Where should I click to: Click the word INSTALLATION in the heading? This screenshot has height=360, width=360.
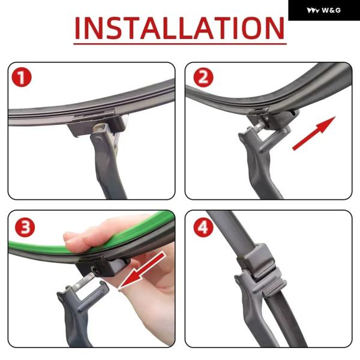click(x=179, y=28)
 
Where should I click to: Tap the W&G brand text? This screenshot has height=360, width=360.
click(x=331, y=10)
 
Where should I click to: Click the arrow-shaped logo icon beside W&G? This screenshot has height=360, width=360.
click(x=313, y=11)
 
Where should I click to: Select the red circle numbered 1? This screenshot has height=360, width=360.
click(x=22, y=77)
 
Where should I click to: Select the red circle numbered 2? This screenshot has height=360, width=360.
click(x=203, y=77)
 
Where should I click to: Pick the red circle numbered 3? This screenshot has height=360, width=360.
click(x=25, y=227)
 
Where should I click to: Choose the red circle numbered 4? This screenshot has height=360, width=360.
click(x=203, y=228)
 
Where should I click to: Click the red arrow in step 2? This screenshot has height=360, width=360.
click(x=314, y=133)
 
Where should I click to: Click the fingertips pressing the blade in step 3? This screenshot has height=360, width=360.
click(x=76, y=239)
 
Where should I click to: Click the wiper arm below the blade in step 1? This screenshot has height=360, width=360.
click(x=106, y=161)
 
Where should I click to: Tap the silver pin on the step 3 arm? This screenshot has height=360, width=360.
click(x=83, y=281)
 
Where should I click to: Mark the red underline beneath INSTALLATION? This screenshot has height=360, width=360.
click(x=180, y=43)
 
